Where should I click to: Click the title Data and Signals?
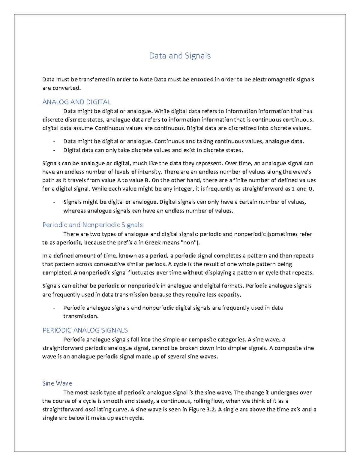[x=180, y=56]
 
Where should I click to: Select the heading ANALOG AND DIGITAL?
[x=76, y=102]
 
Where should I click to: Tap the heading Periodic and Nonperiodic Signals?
[x=92, y=225]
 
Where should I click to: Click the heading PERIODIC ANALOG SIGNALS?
[x=85, y=330]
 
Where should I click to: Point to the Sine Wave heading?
[x=57, y=383]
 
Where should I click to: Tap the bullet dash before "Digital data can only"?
[x=54, y=150]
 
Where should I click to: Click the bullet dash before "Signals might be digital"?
[x=54, y=202]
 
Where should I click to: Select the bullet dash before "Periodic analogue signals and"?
[x=54, y=308]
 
